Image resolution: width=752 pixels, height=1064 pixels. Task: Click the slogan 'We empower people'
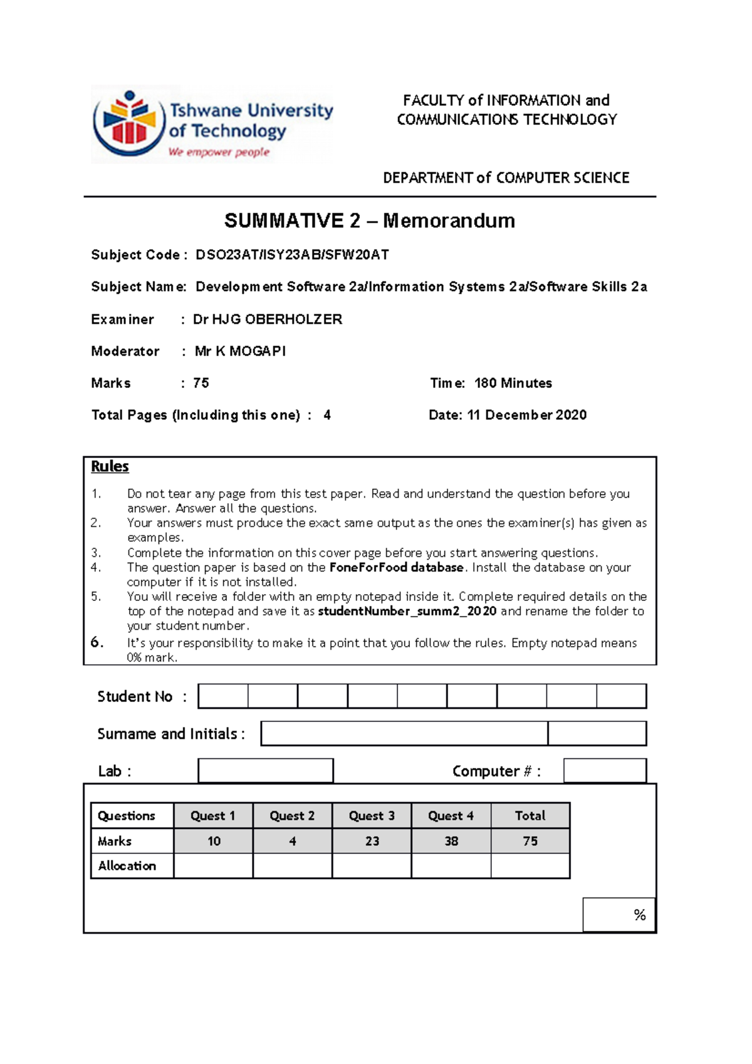tap(219, 152)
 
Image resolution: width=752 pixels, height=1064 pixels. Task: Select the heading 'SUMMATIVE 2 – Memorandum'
tap(370, 221)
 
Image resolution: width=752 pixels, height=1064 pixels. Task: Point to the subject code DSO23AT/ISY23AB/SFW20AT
tap(292, 255)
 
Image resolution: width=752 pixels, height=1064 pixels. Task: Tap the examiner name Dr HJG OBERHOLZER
tap(268, 320)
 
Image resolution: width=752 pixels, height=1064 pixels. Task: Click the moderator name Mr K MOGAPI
tap(240, 352)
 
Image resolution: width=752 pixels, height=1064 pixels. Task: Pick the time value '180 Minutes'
tap(513, 383)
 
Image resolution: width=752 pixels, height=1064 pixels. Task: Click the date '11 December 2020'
tap(526, 415)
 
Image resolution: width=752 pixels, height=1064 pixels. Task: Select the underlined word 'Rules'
tap(110, 467)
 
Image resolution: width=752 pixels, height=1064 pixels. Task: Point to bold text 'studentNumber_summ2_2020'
tap(407, 612)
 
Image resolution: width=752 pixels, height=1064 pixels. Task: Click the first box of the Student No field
tap(223, 696)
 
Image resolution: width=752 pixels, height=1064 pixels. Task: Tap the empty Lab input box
tap(266, 771)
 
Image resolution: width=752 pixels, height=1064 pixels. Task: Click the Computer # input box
tap(605, 771)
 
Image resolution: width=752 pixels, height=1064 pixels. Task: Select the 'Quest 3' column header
tap(372, 816)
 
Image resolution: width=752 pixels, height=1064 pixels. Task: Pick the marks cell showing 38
tap(451, 842)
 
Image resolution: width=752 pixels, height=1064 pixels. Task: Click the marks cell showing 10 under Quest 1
tap(214, 842)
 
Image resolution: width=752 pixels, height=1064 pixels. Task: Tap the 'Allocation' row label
tap(127, 866)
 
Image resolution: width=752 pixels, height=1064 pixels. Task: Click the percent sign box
tap(619, 915)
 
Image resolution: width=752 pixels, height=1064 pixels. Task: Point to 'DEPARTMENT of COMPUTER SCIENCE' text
tap(506, 178)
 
